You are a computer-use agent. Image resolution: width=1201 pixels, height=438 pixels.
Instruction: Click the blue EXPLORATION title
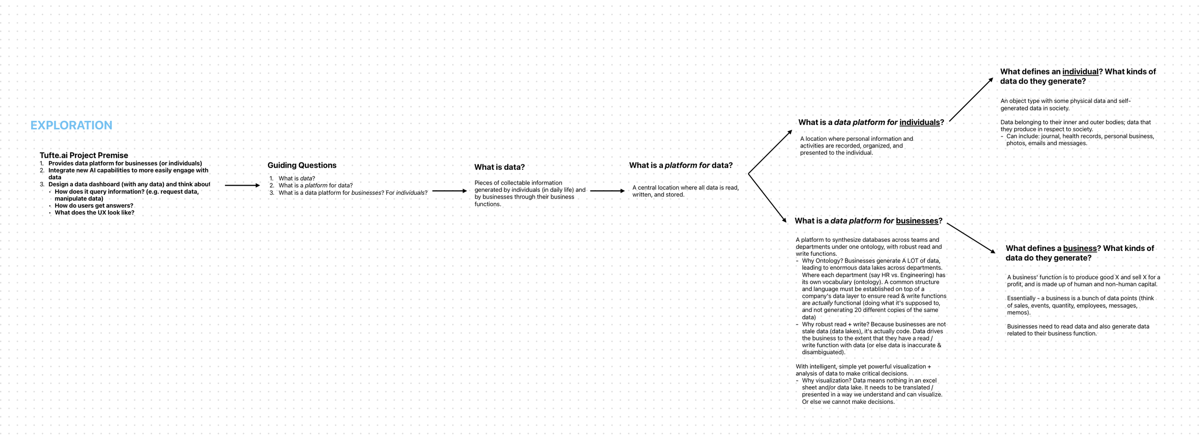click(x=71, y=125)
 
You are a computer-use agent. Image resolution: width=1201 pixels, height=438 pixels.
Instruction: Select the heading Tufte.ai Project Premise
click(x=84, y=155)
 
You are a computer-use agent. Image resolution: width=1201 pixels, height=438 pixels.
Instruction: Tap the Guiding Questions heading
click(x=302, y=165)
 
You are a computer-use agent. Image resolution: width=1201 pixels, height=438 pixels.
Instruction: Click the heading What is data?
click(x=499, y=167)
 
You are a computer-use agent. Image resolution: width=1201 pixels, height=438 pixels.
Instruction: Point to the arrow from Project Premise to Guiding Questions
click(x=242, y=185)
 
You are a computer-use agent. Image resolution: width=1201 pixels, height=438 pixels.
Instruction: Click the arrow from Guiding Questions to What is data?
click(x=449, y=191)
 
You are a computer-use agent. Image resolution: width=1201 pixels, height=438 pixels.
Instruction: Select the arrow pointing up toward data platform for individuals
click(x=770, y=152)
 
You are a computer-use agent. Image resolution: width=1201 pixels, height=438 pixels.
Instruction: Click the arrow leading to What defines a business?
click(x=970, y=238)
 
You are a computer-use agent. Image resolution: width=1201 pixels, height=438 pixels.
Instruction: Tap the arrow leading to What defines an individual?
click(x=971, y=100)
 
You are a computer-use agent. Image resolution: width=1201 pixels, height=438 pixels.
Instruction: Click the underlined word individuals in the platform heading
click(x=919, y=123)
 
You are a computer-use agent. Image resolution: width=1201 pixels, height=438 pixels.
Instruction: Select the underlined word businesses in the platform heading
click(x=917, y=221)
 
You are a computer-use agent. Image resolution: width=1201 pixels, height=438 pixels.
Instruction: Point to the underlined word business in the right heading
click(x=1079, y=249)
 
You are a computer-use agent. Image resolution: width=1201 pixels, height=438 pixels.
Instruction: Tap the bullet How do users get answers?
click(x=94, y=206)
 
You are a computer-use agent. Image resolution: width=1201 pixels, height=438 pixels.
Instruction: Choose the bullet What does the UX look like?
click(x=94, y=213)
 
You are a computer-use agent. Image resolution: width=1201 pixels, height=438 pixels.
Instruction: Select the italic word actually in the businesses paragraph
click(x=822, y=303)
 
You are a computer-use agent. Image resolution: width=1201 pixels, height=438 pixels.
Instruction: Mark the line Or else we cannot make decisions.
click(x=848, y=402)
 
